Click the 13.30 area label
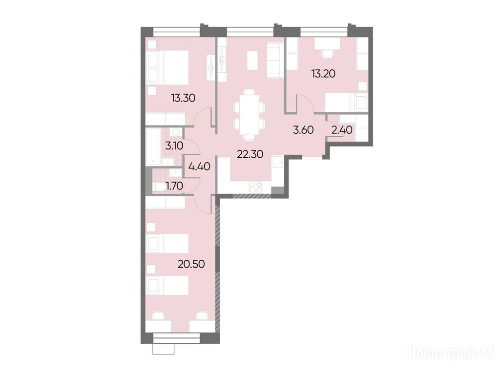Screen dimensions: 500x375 tap(183, 98)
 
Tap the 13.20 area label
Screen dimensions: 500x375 tap(323, 74)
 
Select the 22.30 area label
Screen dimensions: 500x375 tap(250, 154)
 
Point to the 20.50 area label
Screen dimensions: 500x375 tap(191, 264)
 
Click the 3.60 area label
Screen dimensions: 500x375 tap(303, 130)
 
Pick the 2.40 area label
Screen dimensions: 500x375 tap(342, 130)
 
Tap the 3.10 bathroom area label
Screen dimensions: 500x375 tap(174, 146)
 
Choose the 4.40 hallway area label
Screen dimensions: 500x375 tap(199, 166)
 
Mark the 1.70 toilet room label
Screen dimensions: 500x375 tap(174, 186)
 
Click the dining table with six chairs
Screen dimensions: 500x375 tap(249, 115)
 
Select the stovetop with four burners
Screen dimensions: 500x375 tap(255, 187)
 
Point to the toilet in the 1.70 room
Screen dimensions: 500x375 tap(159, 187)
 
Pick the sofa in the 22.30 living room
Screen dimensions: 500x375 tap(275, 61)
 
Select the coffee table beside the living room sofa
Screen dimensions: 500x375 tap(252, 61)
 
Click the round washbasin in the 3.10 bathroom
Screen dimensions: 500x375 tap(175, 132)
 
